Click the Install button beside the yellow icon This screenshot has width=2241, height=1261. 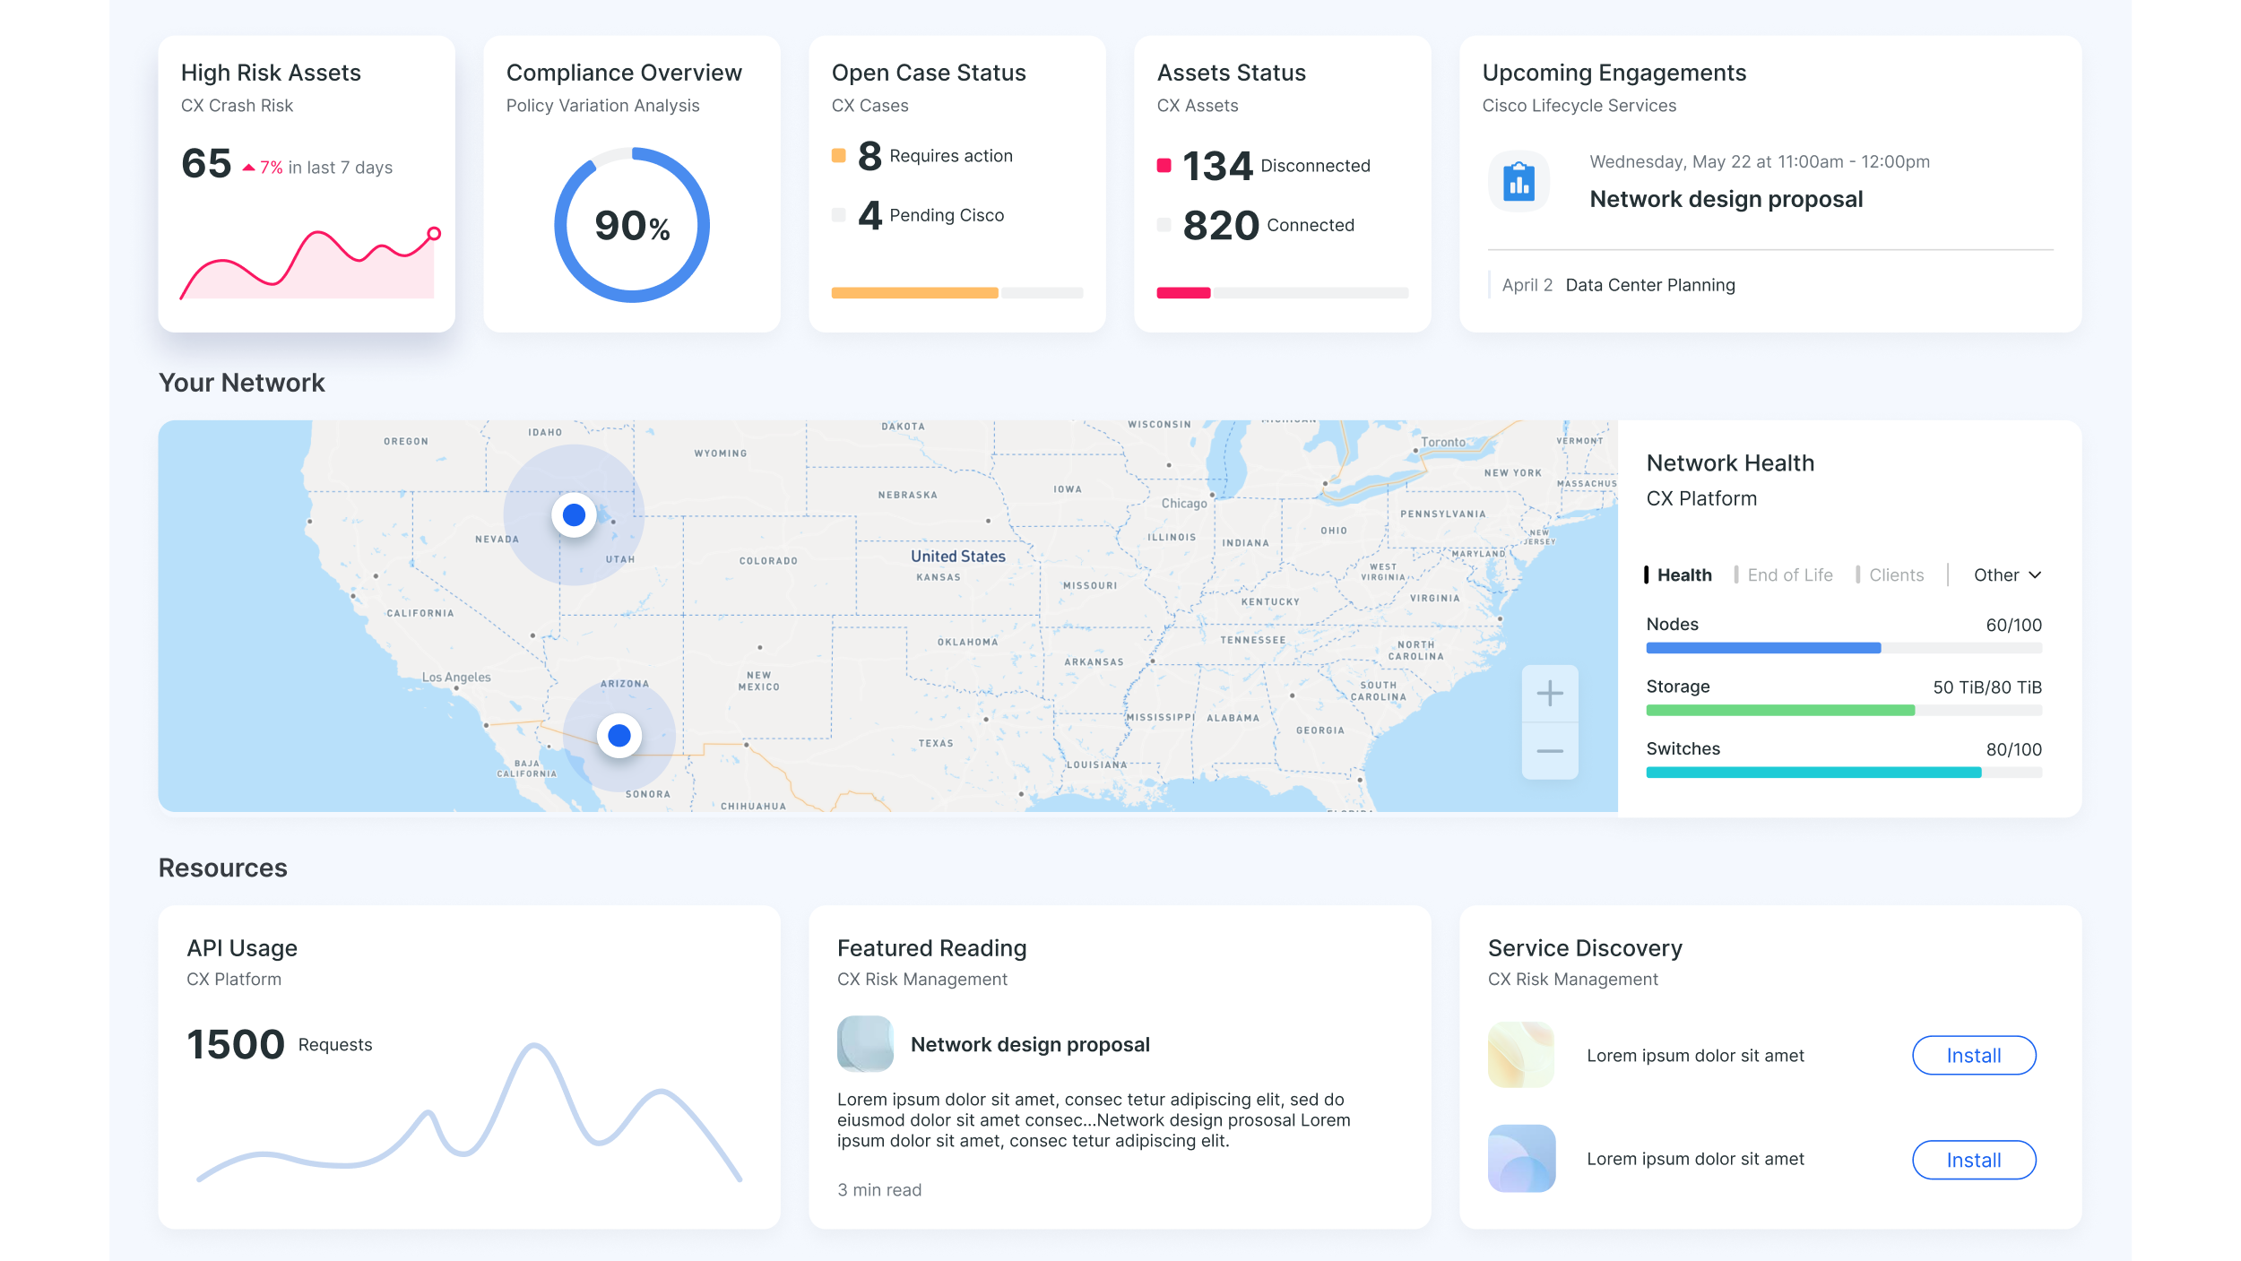(1973, 1056)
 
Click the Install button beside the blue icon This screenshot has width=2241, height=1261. (1973, 1160)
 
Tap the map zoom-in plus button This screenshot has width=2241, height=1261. (1549, 693)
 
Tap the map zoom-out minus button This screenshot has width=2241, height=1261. (1549, 751)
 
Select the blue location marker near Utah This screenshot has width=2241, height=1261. (574, 515)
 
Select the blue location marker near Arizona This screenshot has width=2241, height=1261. (619, 736)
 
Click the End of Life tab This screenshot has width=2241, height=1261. (1789, 575)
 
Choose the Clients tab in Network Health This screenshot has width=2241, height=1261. (1896, 575)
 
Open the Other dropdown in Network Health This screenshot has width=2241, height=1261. (2007, 575)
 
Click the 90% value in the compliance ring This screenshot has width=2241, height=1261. (632, 226)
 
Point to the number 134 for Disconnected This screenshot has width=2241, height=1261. (1216, 166)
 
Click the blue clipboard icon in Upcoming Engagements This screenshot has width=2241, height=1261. (1519, 182)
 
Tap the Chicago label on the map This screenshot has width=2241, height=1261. (1184, 504)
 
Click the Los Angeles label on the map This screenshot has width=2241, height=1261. (456, 678)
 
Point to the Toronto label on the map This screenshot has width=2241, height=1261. (1443, 442)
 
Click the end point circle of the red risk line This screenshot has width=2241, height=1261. (434, 234)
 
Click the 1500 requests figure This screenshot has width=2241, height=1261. (236, 1045)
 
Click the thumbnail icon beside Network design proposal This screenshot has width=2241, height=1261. (865, 1044)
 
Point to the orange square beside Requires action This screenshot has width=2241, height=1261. (838, 156)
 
